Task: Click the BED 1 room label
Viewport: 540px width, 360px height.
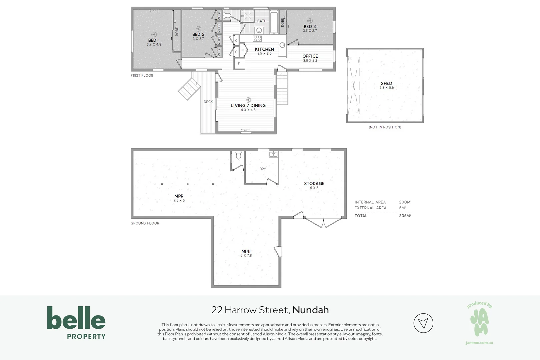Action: pos(154,40)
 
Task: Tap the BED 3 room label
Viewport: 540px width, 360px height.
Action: pos(310,27)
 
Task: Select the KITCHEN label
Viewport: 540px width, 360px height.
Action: pos(264,49)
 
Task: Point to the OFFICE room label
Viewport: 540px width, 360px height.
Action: pos(310,56)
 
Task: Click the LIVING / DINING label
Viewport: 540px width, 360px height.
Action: pos(248,106)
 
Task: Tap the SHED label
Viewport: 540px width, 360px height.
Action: pos(386,83)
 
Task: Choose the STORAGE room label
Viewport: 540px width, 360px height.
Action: pos(314,183)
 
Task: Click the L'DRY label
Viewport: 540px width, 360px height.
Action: pos(261,169)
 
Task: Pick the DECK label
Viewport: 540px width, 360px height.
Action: pos(208,102)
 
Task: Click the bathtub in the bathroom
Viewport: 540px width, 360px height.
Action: pos(274,22)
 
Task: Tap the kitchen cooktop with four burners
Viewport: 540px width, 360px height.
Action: pos(257,38)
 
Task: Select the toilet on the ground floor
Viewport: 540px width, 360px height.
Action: pos(238,155)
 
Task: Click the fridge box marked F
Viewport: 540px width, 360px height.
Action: pos(239,64)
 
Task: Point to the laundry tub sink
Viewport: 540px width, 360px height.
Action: pos(273,154)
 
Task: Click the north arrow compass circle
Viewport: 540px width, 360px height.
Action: pos(423,323)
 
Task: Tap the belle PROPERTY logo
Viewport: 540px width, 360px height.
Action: pos(76,323)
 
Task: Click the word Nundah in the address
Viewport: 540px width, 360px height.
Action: pos(311,310)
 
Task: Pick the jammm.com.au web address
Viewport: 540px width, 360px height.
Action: pos(479,343)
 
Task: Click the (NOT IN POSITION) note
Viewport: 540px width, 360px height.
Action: pos(385,127)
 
